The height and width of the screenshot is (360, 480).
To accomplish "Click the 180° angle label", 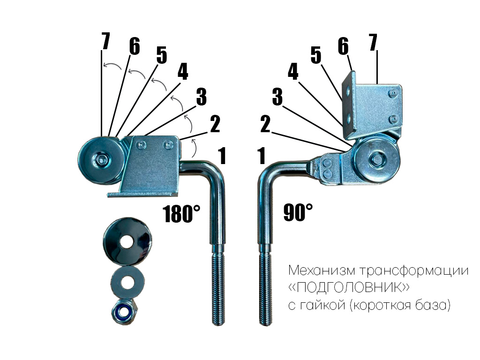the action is point(182,213).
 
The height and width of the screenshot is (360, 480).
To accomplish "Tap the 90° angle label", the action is point(298,212).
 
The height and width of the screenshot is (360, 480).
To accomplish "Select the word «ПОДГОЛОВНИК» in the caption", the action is point(349,288).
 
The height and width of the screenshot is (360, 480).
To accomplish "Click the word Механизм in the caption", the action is point(322,270).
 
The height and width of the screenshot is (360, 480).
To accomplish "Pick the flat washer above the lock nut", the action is point(128,282).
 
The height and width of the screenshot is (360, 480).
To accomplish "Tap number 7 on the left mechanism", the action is point(105,41).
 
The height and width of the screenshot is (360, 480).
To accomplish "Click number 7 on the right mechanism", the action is point(373,42).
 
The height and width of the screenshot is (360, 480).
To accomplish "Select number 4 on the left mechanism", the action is point(183,72).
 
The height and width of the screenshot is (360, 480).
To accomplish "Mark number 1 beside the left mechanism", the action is point(222,156).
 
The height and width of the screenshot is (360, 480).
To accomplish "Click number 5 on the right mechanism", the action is point(316,55).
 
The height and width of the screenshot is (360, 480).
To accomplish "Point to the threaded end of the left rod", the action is point(218,284).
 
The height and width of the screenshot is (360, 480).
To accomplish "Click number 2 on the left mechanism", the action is point(215,124).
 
